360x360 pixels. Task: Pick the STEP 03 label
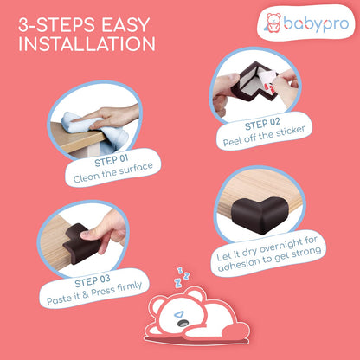tap(93, 281)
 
